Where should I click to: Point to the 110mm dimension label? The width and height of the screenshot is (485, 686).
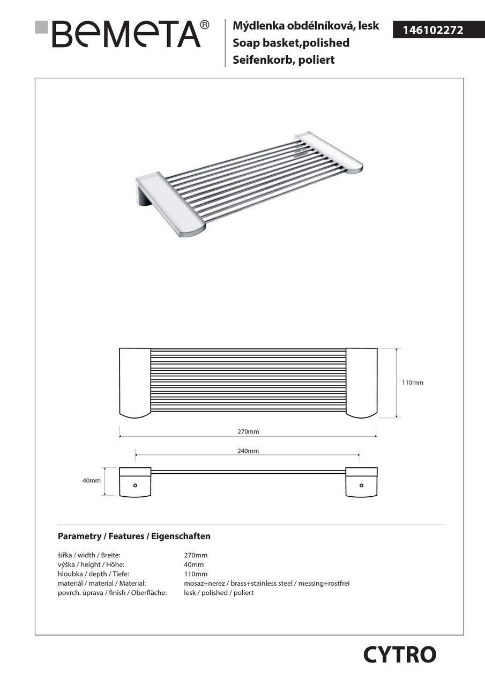point(412,383)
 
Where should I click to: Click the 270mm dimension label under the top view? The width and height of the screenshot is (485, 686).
point(248,431)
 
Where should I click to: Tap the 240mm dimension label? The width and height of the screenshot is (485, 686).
point(248,451)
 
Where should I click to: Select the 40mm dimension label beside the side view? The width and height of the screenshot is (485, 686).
point(91,481)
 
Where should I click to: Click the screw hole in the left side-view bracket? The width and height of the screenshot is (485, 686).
point(135,486)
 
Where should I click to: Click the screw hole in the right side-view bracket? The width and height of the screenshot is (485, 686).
point(361,486)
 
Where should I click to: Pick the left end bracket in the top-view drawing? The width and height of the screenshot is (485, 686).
point(135,383)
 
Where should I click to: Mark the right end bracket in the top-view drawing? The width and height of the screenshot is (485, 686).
point(361,383)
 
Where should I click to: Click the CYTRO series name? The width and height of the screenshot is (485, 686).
point(400,654)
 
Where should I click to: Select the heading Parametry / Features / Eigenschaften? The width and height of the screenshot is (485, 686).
point(134,536)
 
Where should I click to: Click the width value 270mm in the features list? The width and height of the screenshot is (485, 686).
point(195,555)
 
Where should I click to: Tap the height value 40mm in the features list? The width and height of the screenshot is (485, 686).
point(193,564)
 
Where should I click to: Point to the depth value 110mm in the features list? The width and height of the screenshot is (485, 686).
point(195,574)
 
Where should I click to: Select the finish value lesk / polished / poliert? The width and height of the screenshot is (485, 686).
point(219,593)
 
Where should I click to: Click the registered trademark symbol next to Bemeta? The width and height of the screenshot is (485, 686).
point(204,25)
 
